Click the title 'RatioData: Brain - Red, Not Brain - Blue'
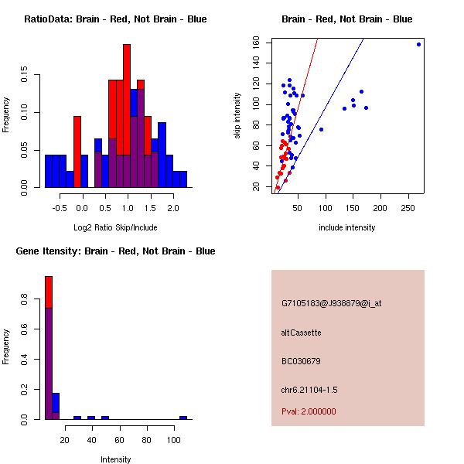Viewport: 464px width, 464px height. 115,19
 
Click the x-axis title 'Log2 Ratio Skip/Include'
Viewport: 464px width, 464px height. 115,227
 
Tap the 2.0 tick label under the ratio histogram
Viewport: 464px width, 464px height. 172,209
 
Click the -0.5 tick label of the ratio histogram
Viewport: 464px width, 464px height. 60,209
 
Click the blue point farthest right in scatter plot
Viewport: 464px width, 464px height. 418,44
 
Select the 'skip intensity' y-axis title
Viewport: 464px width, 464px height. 237,116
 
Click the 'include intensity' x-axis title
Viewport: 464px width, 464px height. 347,227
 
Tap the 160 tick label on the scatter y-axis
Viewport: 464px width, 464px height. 256,43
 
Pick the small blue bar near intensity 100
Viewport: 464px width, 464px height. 183,418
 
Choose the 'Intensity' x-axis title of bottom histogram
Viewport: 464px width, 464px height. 115,459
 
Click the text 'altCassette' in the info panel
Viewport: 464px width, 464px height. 301,333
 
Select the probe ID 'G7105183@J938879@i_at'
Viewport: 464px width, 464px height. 331,303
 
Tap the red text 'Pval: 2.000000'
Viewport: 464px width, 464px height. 309,411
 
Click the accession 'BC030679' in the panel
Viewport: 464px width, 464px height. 301,361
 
